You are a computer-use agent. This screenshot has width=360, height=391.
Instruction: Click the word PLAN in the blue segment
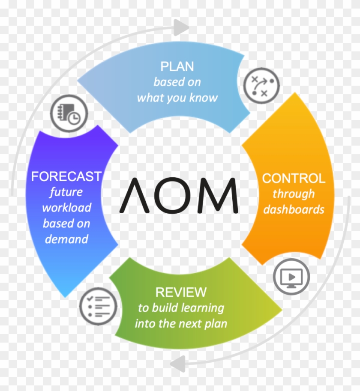coord(177,67)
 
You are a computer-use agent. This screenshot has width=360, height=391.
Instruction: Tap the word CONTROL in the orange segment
coord(294,179)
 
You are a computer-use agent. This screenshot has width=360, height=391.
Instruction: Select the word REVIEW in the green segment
coord(180,293)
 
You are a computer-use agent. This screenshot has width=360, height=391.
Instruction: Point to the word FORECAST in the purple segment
coord(66,176)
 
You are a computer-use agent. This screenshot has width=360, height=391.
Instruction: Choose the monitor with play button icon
coord(291,276)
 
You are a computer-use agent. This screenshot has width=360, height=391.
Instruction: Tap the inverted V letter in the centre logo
coord(134,196)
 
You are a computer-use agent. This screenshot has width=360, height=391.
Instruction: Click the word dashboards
coord(294,209)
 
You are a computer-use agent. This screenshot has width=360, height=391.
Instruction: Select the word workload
coord(67,208)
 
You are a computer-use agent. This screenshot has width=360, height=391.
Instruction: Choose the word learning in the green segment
coord(202,307)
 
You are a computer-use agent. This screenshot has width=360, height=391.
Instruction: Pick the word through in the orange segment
coord(294,194)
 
